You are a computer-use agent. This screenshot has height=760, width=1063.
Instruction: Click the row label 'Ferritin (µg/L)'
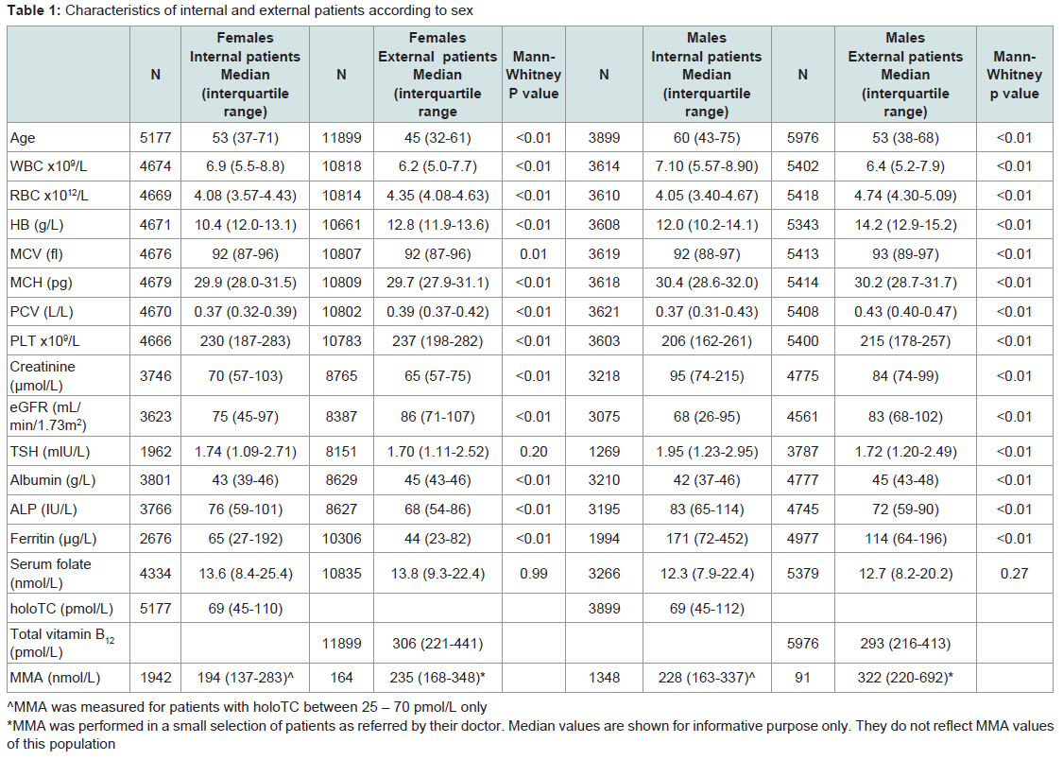pos(53,539)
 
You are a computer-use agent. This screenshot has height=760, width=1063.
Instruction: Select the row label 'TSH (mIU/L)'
pos(49,452)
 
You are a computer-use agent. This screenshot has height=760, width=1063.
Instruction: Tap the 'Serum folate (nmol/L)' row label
pos(50,574)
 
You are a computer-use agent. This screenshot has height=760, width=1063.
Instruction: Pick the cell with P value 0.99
pos(534,574)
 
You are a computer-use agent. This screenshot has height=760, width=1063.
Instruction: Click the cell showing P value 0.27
pos(1014,574)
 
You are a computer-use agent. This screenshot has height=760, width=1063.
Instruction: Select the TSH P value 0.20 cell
pos(534,452)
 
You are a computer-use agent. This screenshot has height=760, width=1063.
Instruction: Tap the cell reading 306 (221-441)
pos(437,644)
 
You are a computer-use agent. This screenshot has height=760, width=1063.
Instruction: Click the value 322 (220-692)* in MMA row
pos(905,677)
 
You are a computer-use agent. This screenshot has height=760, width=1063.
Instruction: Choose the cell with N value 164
pos(341,677)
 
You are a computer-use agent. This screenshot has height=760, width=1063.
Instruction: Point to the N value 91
pos(802,677)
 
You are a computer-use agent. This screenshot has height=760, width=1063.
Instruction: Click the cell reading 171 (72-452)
pos(707,539)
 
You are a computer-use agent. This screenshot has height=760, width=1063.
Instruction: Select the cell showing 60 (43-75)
pos(707,138)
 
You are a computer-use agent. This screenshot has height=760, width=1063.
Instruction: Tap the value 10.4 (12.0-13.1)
pos(246,224)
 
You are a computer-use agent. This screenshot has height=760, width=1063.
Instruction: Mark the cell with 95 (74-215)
pos(707,375)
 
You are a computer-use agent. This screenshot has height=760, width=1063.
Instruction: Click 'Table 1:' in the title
pos(34,10)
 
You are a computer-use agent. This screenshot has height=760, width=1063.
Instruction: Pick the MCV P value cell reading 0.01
pos(534,253)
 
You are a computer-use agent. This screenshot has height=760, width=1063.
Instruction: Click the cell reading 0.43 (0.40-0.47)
pos(905,312)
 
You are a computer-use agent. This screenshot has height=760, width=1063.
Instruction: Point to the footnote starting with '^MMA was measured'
pos(247,707)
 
